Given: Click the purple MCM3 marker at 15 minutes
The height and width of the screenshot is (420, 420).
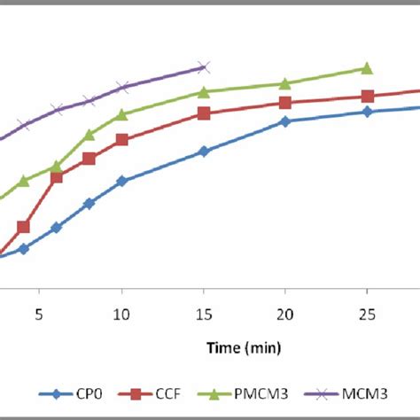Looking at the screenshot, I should [x=203, y=66].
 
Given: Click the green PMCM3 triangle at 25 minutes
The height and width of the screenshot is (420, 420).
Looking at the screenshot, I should [x=367, y=68].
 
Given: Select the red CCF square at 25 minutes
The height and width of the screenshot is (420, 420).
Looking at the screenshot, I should [x=367, y=97].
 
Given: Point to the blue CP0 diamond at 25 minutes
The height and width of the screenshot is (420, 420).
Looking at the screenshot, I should [x=367, y=112].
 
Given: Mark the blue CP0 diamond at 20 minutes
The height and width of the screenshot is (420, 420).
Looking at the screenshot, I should [x=284, y=121].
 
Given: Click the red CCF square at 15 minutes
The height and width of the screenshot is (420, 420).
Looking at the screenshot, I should [x=203, y=113].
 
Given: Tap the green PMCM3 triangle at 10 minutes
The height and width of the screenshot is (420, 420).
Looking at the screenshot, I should [x=121, y=114].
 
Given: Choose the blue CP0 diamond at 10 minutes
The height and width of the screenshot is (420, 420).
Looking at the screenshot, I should [x=121, y=181].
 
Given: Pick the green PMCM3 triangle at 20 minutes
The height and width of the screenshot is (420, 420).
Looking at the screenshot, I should [x=284, y=83].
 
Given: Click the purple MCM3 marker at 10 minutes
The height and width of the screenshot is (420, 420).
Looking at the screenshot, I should [x=121, y=87].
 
